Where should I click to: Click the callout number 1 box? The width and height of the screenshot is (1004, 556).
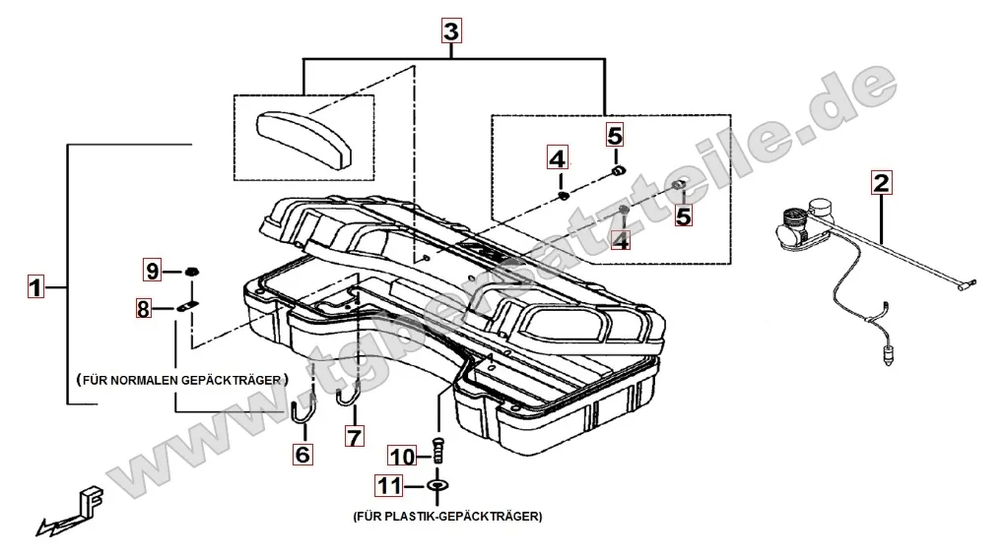pyautogui.click(x=35, y=288)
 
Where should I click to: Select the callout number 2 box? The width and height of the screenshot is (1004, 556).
pyautogui.click(x=881, y=182)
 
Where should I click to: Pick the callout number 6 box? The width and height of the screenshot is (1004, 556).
pyautogui.click(x=301, y=454)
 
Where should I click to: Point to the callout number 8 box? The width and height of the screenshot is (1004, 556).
pyautogui.click(x=145, y=309)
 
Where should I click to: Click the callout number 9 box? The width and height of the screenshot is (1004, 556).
pyautogui.click(x=153, y=270)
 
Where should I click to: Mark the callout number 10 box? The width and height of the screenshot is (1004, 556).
pyautogui.click(x=401, y=456)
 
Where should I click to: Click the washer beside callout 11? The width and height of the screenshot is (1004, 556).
pyautogui.click(x=436, y=486)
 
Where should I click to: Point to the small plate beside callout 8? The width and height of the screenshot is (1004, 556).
pyautogui.click(x=188, y=307)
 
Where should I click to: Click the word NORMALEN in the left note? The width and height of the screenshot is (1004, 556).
pyautogui.click(x=145, y=379)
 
